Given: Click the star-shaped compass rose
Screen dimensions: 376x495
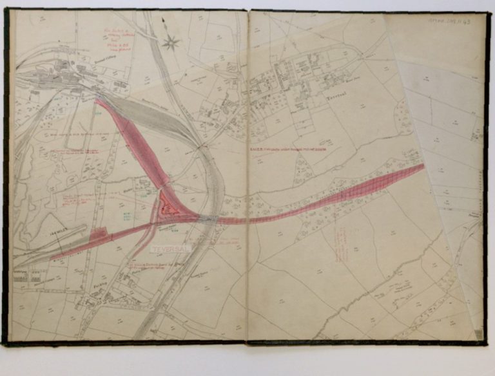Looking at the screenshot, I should (x=171, y=43).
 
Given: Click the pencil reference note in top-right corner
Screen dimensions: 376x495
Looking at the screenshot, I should (x=454, y=21).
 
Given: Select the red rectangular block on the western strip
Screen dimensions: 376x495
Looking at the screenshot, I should (x=99, y=234).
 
